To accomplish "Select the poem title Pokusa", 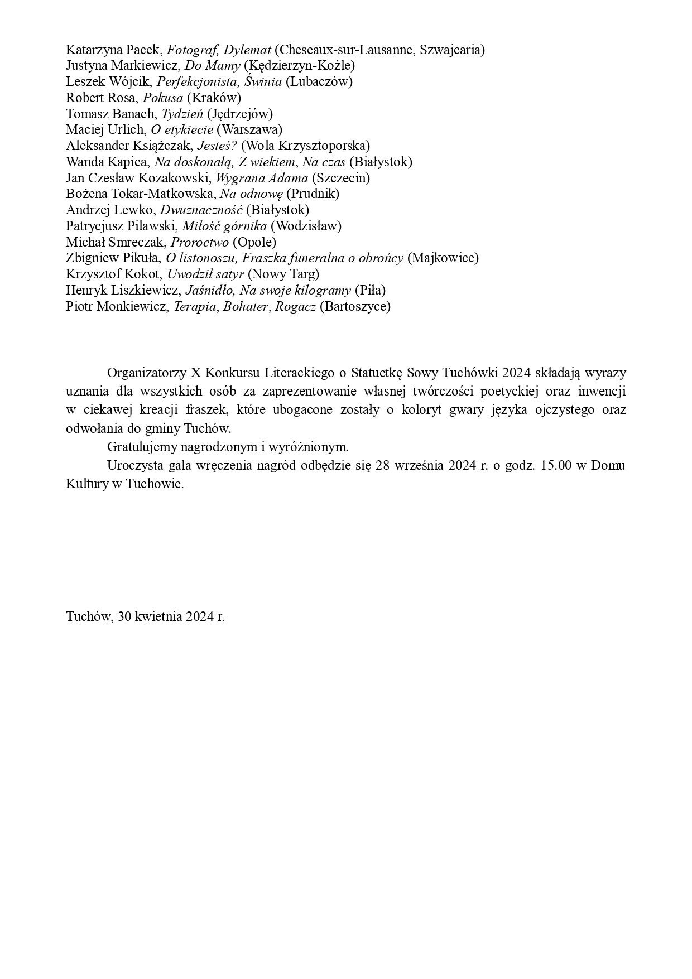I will [x=163, y=98].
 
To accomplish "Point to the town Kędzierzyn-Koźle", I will [x=300, y=66].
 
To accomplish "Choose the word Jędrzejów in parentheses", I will [x=240, y=114].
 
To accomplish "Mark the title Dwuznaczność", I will [x=201, y=210].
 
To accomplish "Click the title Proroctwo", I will [x=200, y=243].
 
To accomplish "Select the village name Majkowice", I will [x=443, y=258].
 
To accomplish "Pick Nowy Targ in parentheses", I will [x=283, y=274].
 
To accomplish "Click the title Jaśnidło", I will [x=210, y=291].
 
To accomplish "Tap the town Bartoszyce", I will [x=355, y=307].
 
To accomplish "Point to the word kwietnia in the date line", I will [x=159, y=617].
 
